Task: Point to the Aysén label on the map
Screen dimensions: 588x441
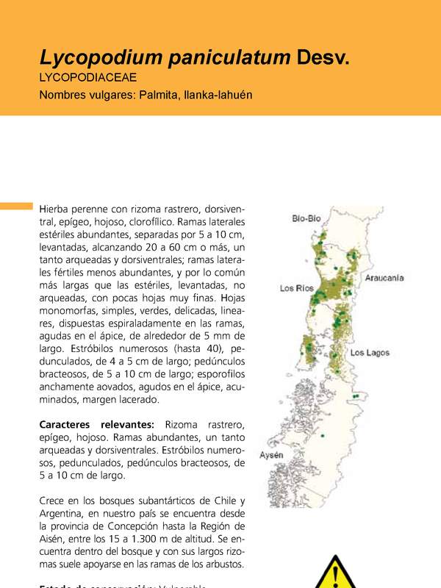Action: click(x=271, y=456)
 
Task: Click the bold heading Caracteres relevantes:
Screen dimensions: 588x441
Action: click(x=96, y=425)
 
